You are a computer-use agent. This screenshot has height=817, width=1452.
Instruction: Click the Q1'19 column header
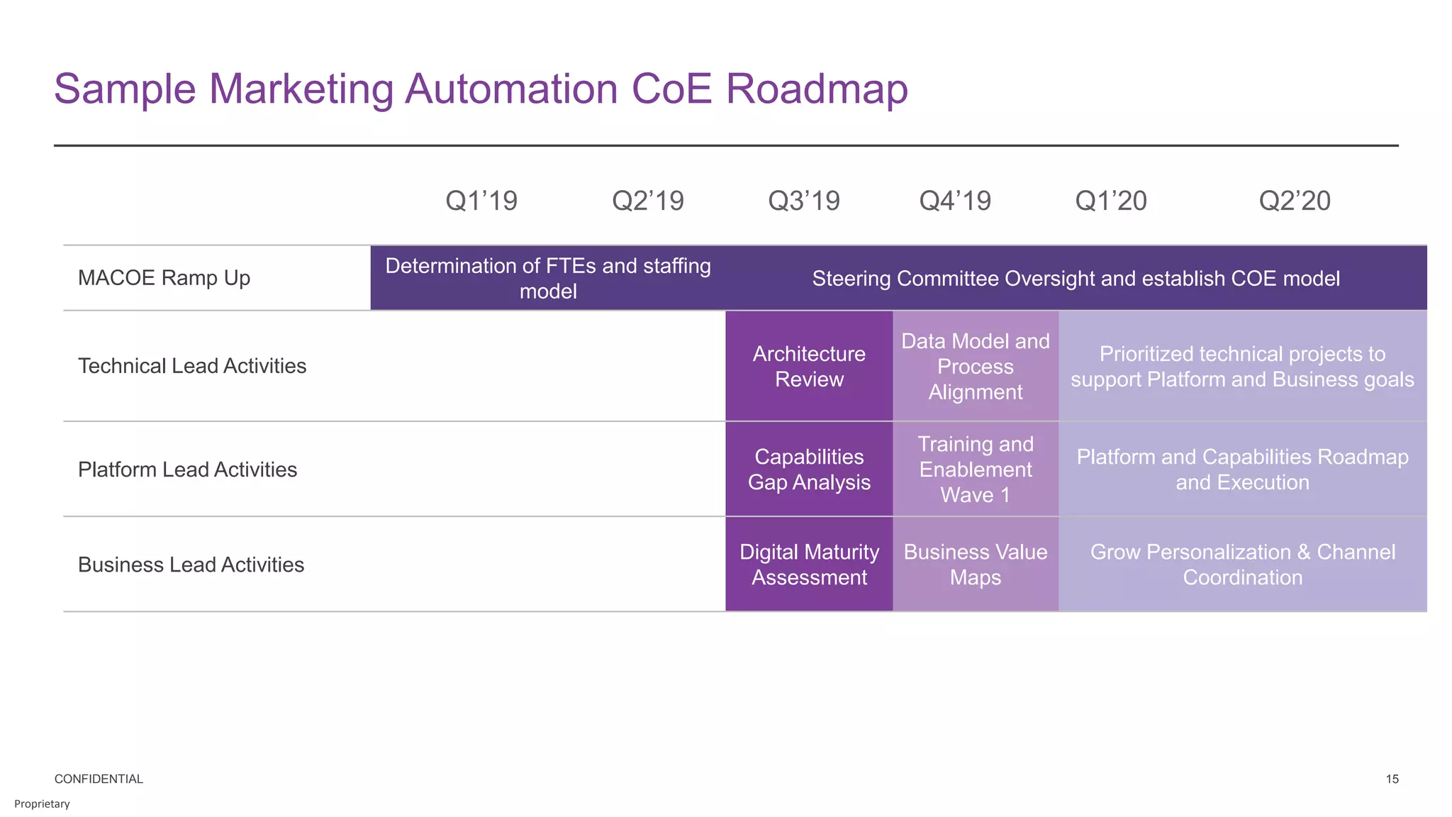click(481, 201)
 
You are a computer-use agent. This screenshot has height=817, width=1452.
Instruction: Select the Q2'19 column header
click(648, 201)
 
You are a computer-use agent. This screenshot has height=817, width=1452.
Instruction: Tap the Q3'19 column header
click(804, 201)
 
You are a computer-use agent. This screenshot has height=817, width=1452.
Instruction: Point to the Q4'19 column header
click(955, 201)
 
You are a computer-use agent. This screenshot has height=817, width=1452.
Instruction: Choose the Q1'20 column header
click(1111, 201)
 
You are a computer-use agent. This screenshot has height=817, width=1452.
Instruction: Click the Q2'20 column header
click(1295, 201)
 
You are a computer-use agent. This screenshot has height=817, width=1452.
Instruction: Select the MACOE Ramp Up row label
click(164, 278)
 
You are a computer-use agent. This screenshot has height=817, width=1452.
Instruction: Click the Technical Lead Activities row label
click(192, 366)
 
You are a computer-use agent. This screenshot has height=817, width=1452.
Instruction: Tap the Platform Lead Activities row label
click(187, 469)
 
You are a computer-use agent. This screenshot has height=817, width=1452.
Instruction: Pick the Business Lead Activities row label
click(191, 565)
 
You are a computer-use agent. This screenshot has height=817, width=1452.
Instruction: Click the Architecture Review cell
click(809, 366)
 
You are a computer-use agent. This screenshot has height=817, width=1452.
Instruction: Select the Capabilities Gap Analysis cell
click(809, 469)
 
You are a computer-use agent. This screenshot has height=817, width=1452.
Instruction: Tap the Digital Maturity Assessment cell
click(809, 565)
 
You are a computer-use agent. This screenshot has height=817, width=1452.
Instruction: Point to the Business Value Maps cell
click(976, 565)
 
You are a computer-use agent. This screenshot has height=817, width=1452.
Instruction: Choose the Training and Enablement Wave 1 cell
click(976, 469)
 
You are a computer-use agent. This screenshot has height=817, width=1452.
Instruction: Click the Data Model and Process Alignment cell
click(976, 366)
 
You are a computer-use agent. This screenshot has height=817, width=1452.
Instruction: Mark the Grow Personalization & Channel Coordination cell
click(1242, 565)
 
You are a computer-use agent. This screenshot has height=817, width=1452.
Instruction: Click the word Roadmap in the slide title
click(817, 89)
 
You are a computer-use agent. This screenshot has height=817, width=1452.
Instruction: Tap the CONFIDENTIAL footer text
click(99, 779)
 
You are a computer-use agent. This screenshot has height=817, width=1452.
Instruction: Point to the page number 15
click(1392, 779)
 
